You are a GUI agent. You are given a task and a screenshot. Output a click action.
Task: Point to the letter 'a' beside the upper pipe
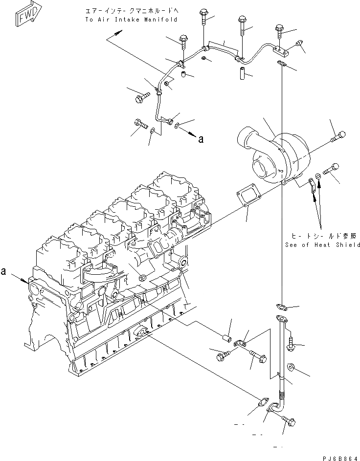tap(200, 139)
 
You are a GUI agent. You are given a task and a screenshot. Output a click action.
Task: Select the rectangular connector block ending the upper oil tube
tap(279, 49)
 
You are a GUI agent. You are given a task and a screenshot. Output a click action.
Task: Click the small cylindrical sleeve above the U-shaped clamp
tap(227, 337)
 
